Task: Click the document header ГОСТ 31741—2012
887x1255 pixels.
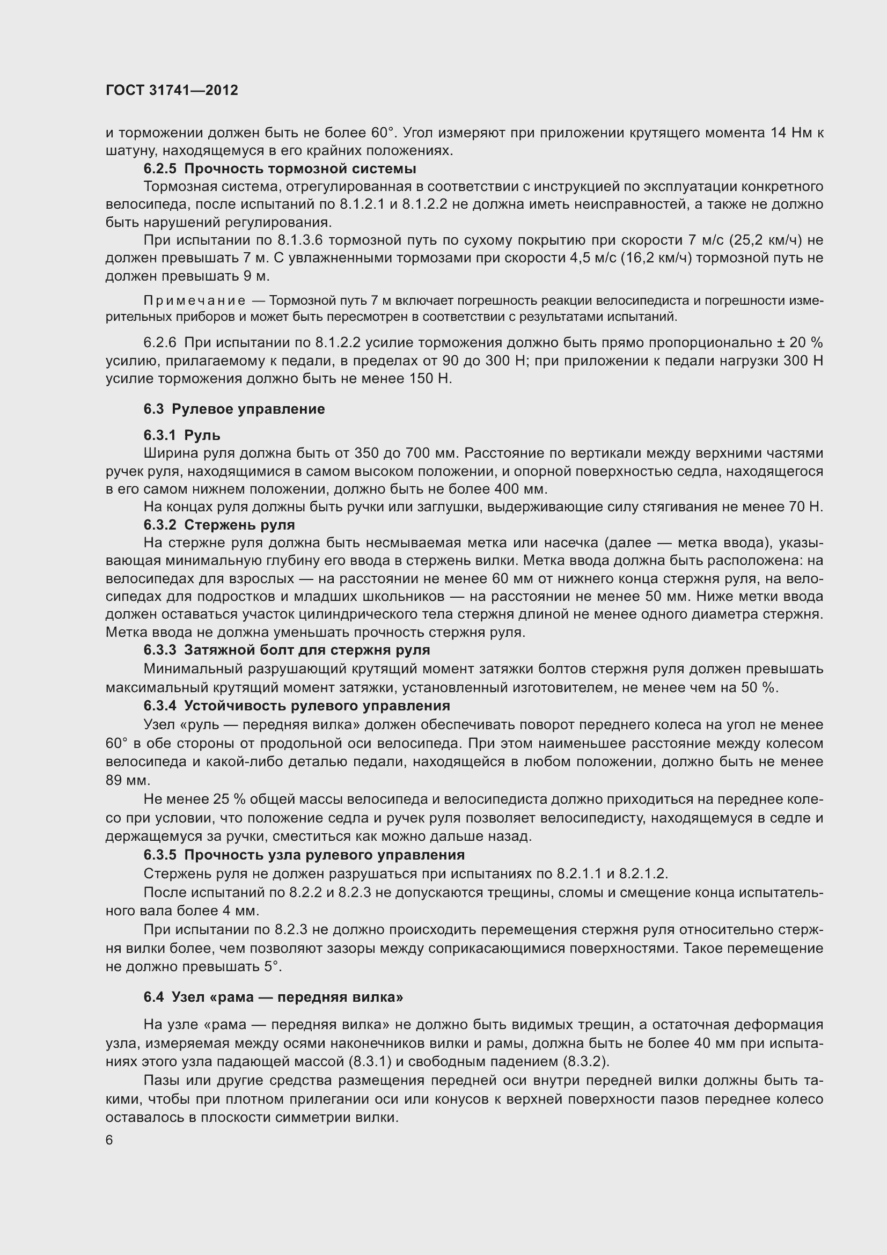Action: point(172,91)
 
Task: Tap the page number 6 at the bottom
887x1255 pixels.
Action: point(109,1140)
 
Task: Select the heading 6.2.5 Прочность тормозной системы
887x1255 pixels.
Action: point(280,168)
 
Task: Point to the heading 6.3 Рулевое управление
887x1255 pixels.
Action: point(234,409)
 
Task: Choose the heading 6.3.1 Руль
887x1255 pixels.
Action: point(182,435)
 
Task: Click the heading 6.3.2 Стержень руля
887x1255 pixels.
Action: point(219,525)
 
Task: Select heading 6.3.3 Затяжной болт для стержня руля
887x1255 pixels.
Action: point(287,650)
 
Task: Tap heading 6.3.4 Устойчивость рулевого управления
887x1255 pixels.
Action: point(297,706)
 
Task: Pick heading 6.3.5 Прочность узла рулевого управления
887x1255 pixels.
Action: point(304,855)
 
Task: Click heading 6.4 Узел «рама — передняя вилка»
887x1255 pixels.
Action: point(273,997)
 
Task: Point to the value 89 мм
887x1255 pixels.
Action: point(127,780)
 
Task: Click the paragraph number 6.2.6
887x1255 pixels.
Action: point(160,343)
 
